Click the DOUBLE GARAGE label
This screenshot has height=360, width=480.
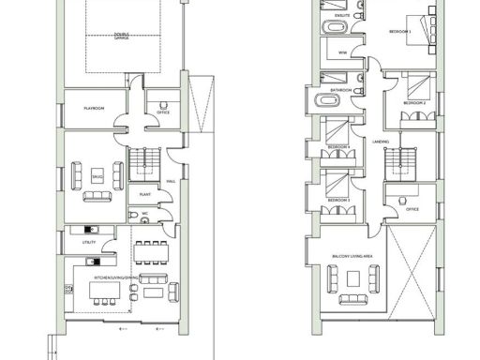coord(122,36)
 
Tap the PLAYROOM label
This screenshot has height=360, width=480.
coord(93,109)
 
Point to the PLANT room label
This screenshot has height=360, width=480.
coord(145,194)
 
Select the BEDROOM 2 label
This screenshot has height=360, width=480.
coord(414,102)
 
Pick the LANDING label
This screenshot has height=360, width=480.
coord(381,142)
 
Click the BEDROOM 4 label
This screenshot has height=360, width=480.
coord(339,147)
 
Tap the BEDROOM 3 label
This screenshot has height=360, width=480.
coord(339,201)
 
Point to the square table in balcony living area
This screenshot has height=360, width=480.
coord(355,278)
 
